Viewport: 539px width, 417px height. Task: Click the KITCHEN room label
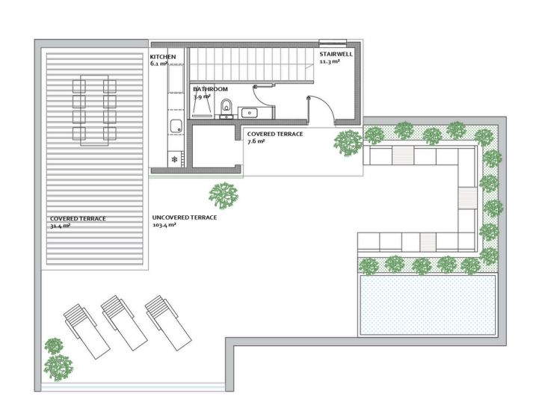point(162,57)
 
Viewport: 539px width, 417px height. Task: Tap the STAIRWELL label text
point(336,55)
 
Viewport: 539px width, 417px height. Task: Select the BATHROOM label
point(210,89)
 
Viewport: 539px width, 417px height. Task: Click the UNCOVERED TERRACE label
point(184,217)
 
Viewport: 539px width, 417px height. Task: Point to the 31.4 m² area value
point(60,226)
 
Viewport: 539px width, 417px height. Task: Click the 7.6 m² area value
point(256,140)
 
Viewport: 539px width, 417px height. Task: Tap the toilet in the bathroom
point(226,107)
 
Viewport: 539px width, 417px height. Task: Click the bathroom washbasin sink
point(249,113)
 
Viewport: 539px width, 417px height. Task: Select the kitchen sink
point(176,126)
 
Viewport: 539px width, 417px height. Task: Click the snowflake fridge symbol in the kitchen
point(175,159)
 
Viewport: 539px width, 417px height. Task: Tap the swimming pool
point(428,305)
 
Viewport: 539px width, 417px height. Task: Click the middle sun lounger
point(124,323)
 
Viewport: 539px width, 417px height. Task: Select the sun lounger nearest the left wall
point(87,331)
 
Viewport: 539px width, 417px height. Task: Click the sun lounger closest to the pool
point(167,323)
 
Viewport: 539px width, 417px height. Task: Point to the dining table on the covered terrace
point(94,111)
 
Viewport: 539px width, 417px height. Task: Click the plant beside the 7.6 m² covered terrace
point(348,143)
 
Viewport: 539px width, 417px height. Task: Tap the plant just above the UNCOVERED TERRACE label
point(224,196)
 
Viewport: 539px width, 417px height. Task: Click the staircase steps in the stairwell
point(252,64)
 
